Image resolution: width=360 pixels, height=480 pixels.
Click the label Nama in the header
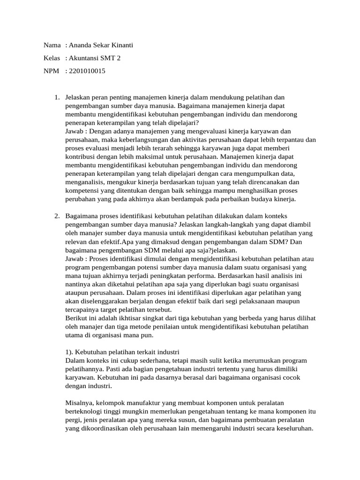(52, 45)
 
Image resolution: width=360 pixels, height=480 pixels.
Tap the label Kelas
(52, 59)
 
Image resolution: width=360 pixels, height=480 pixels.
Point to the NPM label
(52, 72)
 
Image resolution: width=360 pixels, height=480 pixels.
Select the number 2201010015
(87, 72)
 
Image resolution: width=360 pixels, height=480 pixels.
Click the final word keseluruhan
(294, 428)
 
